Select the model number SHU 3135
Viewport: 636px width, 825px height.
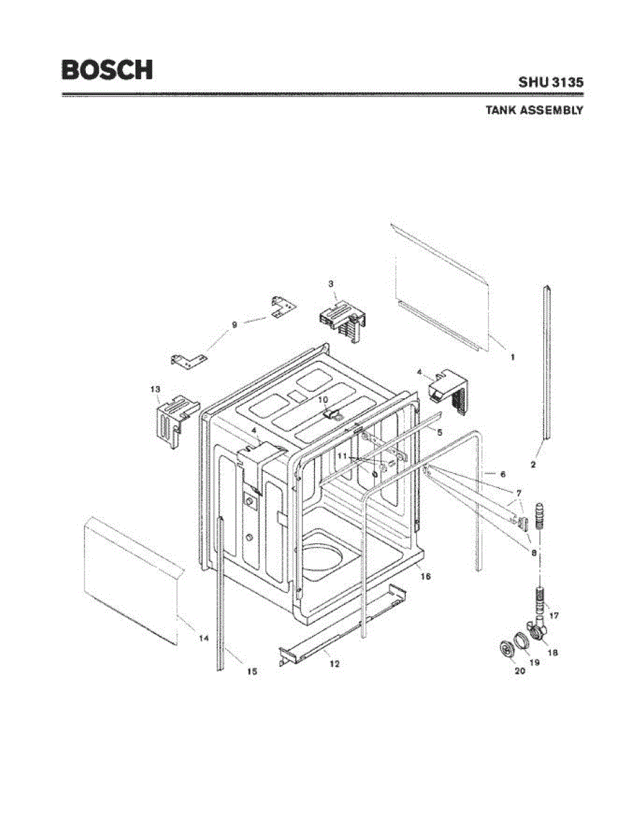tap(551, 81)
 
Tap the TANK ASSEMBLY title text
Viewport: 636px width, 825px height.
tap(534, 110)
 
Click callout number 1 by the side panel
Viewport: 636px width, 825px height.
tap(512, 357)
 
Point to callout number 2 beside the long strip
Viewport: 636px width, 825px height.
tap(533, 465)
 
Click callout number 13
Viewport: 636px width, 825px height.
tap(155, 389)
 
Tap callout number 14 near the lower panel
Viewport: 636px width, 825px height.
tap(204, 639)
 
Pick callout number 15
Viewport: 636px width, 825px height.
tap(252, 672)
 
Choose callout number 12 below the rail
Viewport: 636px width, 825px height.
tap(334, 664)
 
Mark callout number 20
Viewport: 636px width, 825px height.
tap(520, 671)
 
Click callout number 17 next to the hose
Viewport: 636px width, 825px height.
tap(554, 615)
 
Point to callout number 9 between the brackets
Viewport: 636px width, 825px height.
tap(234, 324)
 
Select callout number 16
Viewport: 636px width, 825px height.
tap(425, 577)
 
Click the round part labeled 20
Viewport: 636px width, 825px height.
tap(507, 649)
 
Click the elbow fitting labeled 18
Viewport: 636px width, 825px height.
tap(537, 629)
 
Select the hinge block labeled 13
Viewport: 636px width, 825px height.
tap(168, 419)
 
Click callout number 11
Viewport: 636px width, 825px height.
tap(342, 456)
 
